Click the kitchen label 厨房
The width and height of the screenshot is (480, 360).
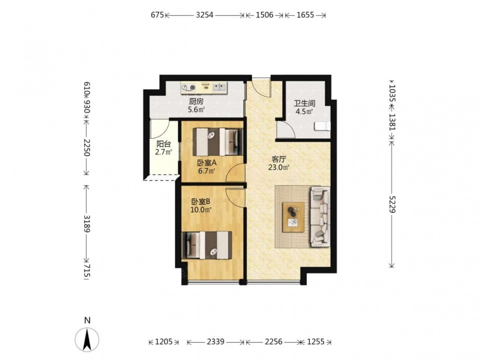click(196, 102)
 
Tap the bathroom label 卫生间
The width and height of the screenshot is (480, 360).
click(304, 104)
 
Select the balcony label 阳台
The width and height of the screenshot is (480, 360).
click(164, 144)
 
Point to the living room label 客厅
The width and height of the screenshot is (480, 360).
click(279, 159)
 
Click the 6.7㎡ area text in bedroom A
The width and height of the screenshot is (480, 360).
click(206, 171)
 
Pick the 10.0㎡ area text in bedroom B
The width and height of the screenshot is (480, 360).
click(201, 210)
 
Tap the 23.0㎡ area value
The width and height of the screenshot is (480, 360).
click(279, 168)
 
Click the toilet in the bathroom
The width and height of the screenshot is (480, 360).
click(323, 126)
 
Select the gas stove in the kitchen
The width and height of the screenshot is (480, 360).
click(188, 87)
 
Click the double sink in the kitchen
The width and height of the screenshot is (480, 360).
click(219, 87)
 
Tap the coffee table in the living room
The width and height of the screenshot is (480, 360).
click(294, 217)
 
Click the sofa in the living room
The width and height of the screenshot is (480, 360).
click(321, 217)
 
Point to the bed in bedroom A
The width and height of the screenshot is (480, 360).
click(218, 142)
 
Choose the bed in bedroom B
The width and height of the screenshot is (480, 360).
click(206, 245)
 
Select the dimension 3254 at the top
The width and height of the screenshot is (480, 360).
click(204, 15)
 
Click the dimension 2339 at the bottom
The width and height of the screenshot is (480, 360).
click(216, 342)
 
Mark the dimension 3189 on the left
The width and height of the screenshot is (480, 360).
click(87, 224)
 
